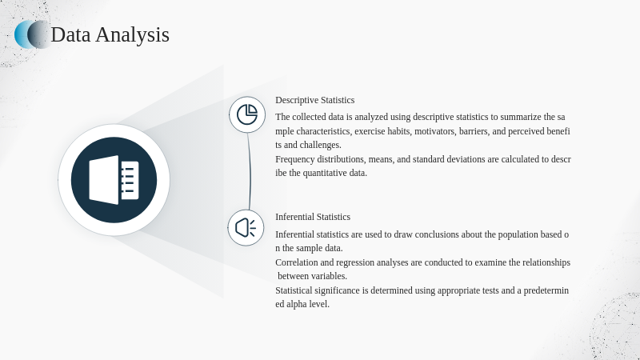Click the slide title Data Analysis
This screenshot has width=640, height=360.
click(x=110, y=34)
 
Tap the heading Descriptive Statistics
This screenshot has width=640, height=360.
click(x=314, y=100)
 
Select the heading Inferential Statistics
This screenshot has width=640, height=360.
click(x=313, y=217)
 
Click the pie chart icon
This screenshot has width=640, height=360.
click(x=247, y=114)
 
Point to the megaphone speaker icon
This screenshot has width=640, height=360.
click(x=246, y=227)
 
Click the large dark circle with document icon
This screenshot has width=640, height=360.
click(x=114, y=180)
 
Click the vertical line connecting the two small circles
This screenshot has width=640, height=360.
click(x=250, y=171)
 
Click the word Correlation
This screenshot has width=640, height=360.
click(x=297, y=262)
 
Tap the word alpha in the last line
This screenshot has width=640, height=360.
click(x=296, y=304)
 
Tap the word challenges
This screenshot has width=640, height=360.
click(x=321, y=145)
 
